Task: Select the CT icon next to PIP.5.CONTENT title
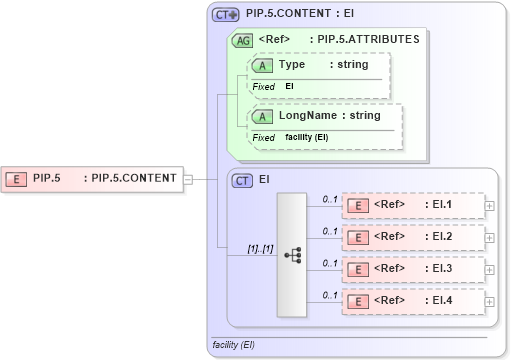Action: point(226,15)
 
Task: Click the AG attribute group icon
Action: point(242,41)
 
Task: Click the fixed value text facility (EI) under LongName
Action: point(307,137)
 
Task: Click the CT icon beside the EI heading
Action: point(242,181)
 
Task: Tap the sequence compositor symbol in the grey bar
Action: point(292,255)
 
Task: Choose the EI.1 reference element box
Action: point(412,206)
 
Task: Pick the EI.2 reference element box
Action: point(412,238)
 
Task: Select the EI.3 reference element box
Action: point(412,270)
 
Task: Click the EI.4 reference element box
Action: point(412,301)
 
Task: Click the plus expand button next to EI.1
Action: point(489,206)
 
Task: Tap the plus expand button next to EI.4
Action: point(489,301)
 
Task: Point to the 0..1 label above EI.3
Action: point(329,263)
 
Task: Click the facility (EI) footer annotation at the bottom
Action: point(234,345)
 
